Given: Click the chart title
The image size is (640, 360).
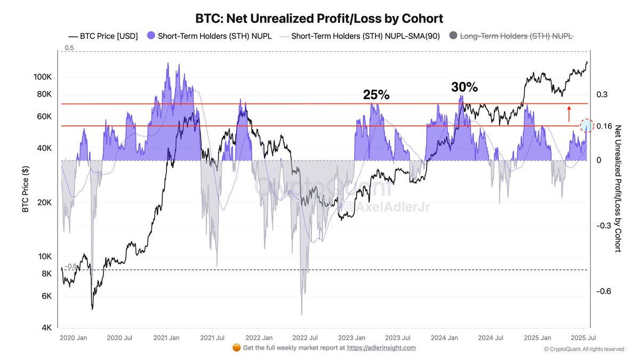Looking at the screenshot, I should (x=320, y=19).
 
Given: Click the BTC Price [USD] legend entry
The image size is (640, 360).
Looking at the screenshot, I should (x=103, y=36).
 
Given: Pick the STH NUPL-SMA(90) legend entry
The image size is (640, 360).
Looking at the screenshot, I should (x=361, y=36).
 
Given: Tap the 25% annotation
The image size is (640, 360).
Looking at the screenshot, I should (x=376, y=94).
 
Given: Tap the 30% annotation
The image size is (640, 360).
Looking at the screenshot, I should (x=465, y=87).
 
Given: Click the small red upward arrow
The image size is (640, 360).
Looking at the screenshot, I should (x=569, y=114).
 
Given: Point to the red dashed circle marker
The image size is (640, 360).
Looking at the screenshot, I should (x=587, y=126).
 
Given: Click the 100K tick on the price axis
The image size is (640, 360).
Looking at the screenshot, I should (x=42, y=77).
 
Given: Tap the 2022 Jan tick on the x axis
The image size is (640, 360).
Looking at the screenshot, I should (x=259, y=338).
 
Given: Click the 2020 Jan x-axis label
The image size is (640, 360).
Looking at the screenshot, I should (x=73, y=338).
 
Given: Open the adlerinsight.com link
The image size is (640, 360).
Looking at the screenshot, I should (x=381, y=348).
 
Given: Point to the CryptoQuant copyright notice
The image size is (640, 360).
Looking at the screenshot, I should (x=583, y=349).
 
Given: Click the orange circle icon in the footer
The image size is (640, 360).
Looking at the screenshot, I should (x=236, y=348).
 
